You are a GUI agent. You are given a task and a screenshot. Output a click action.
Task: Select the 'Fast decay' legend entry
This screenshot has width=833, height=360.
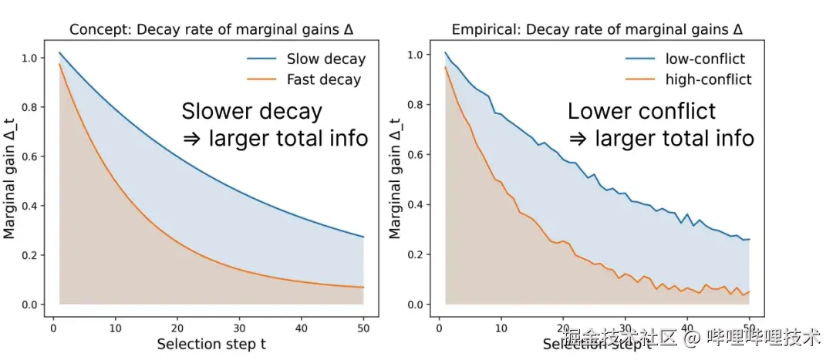[x=323, y=79]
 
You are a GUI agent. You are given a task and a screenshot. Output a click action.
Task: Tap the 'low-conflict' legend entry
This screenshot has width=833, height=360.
[x=707, y=59]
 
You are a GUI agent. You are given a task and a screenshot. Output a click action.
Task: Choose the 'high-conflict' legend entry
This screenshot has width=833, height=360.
[x=708, y=79]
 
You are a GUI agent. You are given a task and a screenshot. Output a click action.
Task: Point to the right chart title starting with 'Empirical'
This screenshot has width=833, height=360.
[x=597, y=30]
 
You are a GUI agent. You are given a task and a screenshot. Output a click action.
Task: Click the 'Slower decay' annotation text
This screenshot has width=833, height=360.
[x=251, y=112]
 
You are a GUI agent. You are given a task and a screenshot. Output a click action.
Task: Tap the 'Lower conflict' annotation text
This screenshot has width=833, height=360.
[x=642, y=112]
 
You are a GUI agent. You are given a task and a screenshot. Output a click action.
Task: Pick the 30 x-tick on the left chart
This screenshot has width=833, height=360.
[x=240, y=325]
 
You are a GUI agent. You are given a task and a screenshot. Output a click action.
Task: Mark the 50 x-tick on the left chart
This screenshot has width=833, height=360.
[x=363, y=325]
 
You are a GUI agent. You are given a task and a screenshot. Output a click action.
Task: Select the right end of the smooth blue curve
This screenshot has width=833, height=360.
[x=363, y=237]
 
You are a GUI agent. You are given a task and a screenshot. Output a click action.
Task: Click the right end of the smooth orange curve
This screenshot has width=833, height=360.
[x=363, y=288]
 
